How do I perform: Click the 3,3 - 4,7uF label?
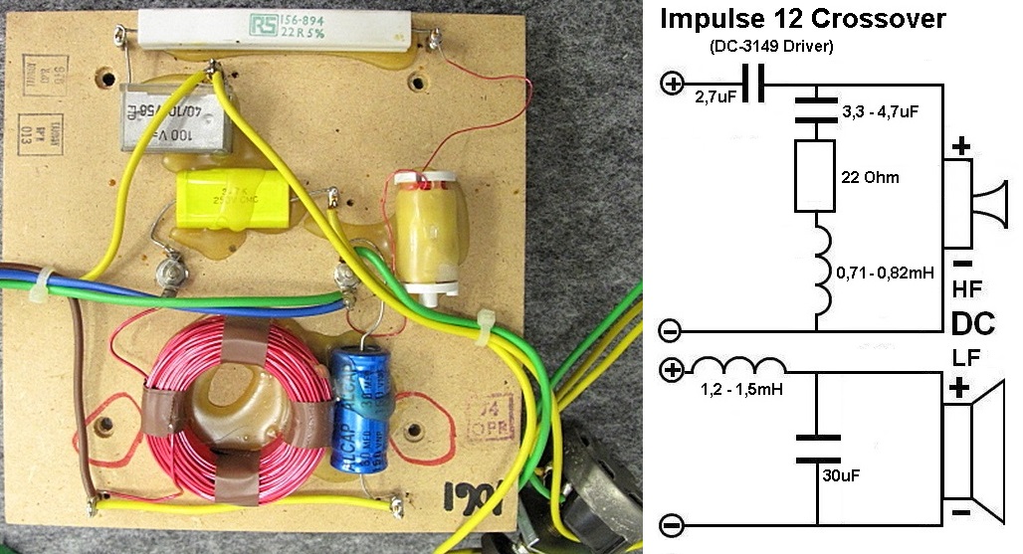[877, 111]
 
